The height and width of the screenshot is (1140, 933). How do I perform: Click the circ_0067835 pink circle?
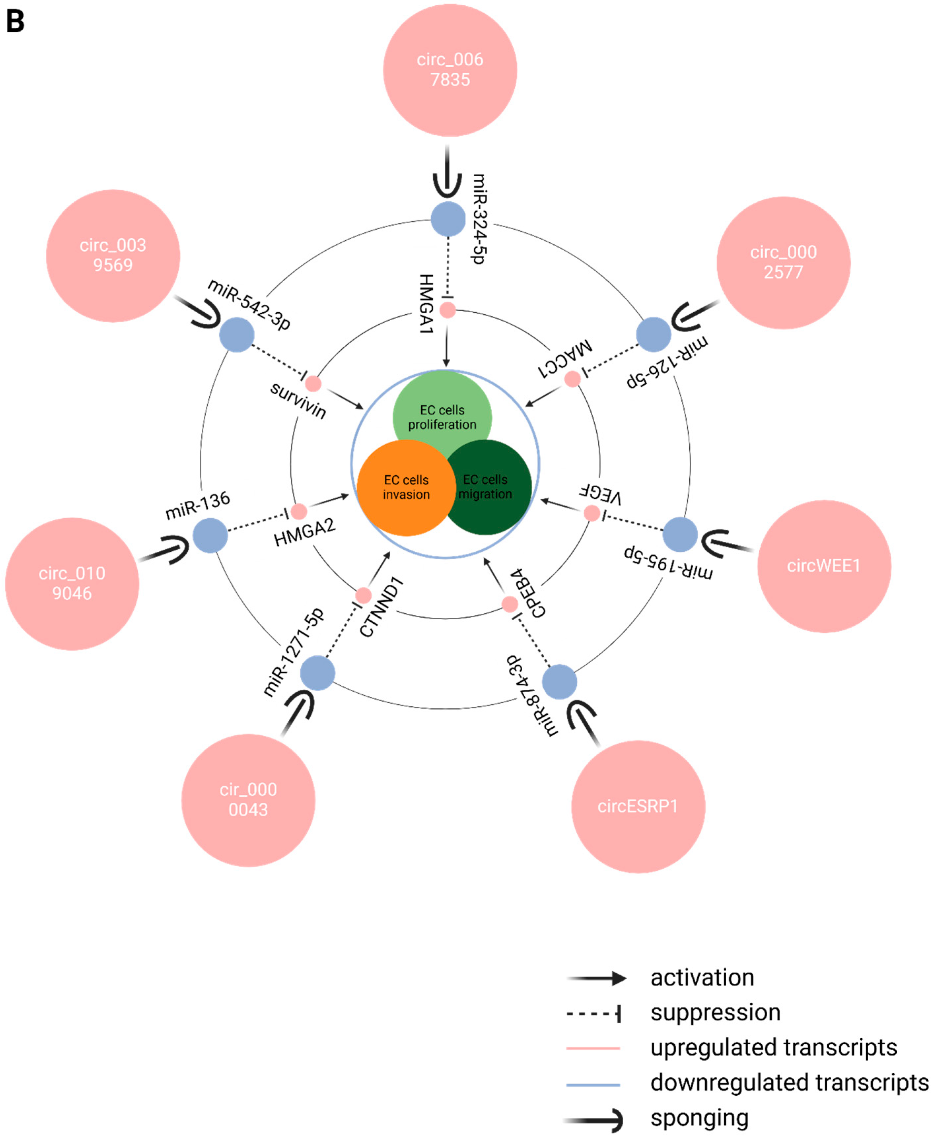[450, 70]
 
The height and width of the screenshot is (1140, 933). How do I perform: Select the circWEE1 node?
[824, 566]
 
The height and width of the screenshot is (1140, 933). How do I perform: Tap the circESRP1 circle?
[638, 806]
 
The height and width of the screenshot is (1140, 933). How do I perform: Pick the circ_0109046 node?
[72, 584]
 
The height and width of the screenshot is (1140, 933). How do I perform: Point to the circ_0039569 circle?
[113, 255]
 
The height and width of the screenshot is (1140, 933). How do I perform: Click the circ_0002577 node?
[783, 262]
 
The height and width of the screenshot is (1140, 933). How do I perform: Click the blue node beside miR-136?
[210, 535]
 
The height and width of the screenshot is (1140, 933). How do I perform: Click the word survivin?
[298, 400]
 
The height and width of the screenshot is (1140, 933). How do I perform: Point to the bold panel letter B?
[15, 21]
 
